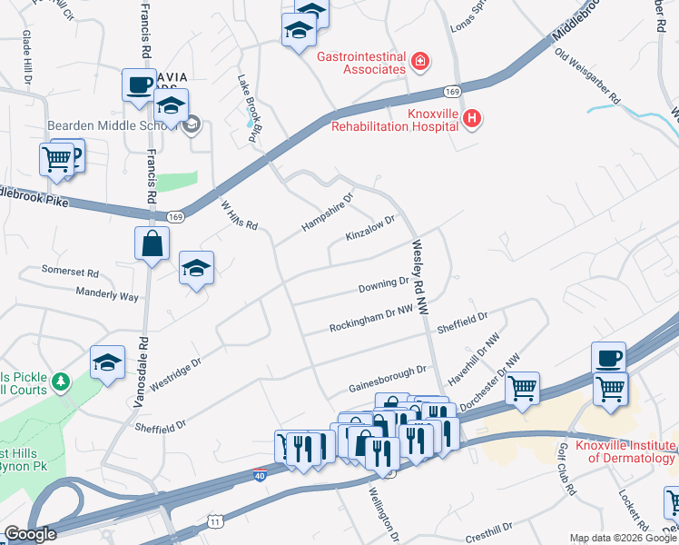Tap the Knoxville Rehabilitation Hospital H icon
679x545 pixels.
pyautogui.click(x=472, y=118)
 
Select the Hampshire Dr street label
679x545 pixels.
pyautogui.click(x=328, y=212)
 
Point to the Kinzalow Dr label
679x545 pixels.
pyautogui.click(x=371, y=227)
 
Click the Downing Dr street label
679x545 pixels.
pyautogui.click(x=384, y=286)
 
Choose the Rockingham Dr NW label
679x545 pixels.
pyautogui.click(x=370, y=318)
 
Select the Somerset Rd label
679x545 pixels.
pyautogui.click(x=70, y=271)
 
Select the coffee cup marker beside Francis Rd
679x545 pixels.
pyautogui.click(x=139, y=85)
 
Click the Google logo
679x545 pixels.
pyautogui.click(x=29, y=534)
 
